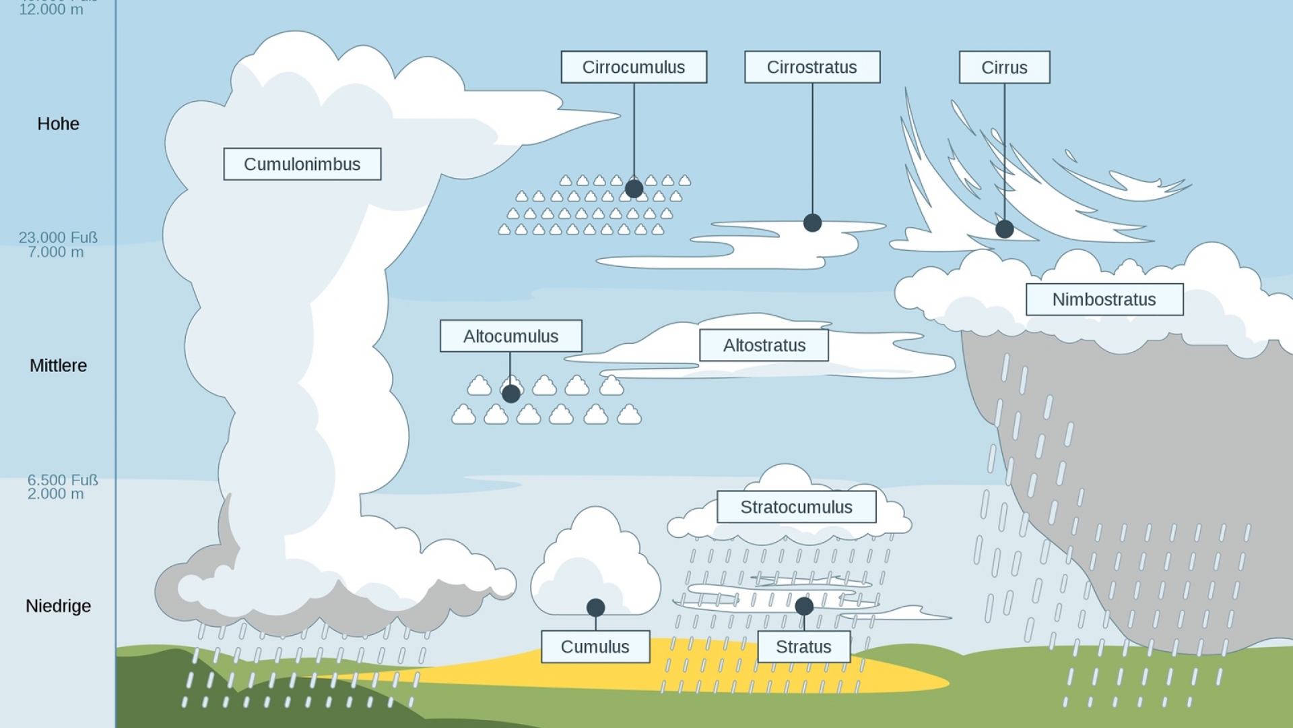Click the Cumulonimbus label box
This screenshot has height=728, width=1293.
pyautogui.click(x=302, y=164)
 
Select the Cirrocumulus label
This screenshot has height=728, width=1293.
pyautogui.click(x=634, y=67)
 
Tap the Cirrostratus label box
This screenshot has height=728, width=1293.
pyautogui.click(x=812, y=67)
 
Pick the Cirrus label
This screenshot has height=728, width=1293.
pyautogui.click(x=1004, y=67)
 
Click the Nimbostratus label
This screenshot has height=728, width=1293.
pyautogui.click(x=1104, y=299)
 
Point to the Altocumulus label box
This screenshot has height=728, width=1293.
pyautogui.click(x=510, y=336)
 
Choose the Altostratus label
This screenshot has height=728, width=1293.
pyautogui.click(x=764, y=345)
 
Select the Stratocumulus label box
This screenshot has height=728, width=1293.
pyautogui.click(x=797, y=507)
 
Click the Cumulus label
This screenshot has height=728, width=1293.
pyautogui.click(x=595, y=646)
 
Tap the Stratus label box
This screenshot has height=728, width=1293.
pyautogui.click(x=803, y=646)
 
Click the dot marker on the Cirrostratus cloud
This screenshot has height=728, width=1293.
pyautogui.click(x=812, y=223)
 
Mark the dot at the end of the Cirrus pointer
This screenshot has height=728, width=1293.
pyautogui.click(x=1004, y=229)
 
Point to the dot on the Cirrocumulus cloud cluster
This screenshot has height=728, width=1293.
pyautogui.click(x=634, y=189)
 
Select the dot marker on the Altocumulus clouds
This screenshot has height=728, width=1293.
pyautogui.click(x=511, y=394)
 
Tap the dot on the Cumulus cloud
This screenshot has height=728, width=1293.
pyautogui.click(x=595, y=608)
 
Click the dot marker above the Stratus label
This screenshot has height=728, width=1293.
pyautogui.click(x=803, y=606)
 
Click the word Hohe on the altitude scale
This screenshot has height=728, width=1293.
pyautogui.click(x=59, y=124)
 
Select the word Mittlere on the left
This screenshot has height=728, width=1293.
pyautogui.click(x=59, y=365)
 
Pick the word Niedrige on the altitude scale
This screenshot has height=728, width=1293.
pyautogui.click(x=59, y=606)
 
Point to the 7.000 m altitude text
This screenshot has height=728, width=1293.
pyautogui.click(x=56, y=252)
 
